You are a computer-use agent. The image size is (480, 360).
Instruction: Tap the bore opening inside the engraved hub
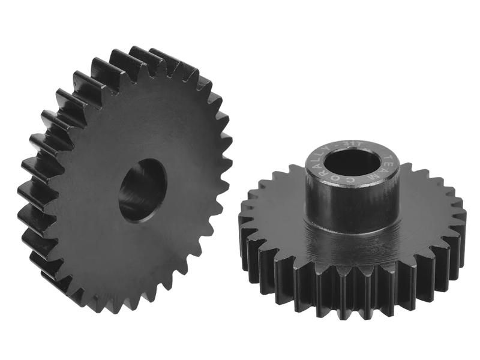352,161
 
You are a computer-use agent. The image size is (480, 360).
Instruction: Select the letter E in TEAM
390,164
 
